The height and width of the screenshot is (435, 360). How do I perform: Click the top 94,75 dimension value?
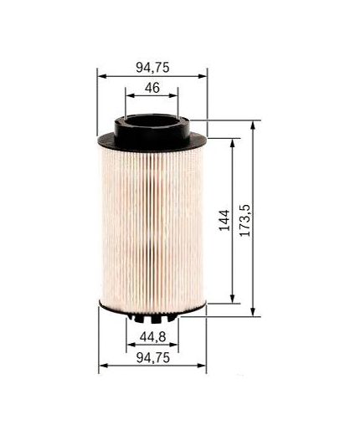tap(152, 68)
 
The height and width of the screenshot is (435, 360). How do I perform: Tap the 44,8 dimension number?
tap(152, 337)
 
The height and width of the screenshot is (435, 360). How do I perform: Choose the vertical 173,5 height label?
tap(245, 219)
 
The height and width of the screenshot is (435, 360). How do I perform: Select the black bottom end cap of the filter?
tap(152, 309)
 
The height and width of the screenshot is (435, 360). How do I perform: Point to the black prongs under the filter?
tap(152, 320)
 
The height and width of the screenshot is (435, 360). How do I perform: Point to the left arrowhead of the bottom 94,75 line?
tap(102, 366)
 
